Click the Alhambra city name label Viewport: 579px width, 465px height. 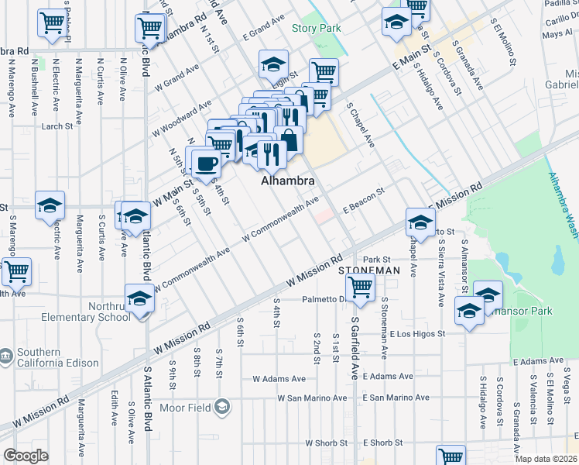pyautogui.click(x=288, y=181)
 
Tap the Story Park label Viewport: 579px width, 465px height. pyautogui.click(x=316, y=28)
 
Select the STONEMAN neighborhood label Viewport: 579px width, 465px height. pyautogui.click(x=369, y=270)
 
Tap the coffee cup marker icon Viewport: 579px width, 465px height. pyautogui.click(x=206, y=163)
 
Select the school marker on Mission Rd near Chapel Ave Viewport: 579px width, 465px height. pyautogui.click(x=420, y=222)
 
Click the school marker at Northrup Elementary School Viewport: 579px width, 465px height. pyautogui.click(x=140, y=297)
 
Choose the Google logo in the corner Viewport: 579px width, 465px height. pyautogui.click(x=26, y=456)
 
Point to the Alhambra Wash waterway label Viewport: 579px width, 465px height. pyautogui.click(x=561, y=205)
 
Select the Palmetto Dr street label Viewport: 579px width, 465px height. pyautogui.click(x=323, y=298)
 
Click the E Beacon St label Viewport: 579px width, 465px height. pyautogui.click(x=364, y=201)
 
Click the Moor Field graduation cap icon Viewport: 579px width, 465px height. pyautogui.click(x=222, y=407)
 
